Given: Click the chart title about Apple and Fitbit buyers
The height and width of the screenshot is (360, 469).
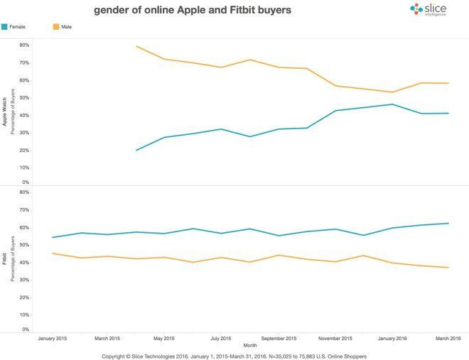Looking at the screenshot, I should (x=192, y=11).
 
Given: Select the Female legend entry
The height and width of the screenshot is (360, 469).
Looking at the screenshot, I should (x=14, y=26).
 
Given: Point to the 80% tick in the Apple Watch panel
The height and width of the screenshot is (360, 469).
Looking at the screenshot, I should (x=23, y=45).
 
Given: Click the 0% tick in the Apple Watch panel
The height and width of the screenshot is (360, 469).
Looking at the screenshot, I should (x=25, y=182).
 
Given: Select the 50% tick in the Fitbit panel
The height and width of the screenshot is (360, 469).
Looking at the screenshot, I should (x=23, y=245).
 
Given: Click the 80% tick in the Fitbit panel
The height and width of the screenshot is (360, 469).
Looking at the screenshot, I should (x=23, y=192).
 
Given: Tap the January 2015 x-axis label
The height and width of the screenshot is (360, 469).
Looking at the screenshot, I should (x=52, y=339).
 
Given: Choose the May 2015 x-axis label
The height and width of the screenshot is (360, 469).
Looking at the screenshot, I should (x=164, y=339).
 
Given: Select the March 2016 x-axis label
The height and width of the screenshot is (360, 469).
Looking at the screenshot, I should (x=448, y=339).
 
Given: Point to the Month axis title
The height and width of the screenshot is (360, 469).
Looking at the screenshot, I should (x=249, y=345).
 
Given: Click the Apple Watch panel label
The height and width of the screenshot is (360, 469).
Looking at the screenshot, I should (x=5, y=112).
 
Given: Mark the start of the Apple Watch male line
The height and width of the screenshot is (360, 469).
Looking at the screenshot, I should (x=136, y=46).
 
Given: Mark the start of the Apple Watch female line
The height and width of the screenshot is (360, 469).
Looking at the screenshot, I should (x=136, y=151).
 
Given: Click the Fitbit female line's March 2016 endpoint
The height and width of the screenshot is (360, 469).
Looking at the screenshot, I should (x=448, y=223).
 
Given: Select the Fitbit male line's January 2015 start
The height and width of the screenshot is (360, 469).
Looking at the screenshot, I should (x=53, y=253).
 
